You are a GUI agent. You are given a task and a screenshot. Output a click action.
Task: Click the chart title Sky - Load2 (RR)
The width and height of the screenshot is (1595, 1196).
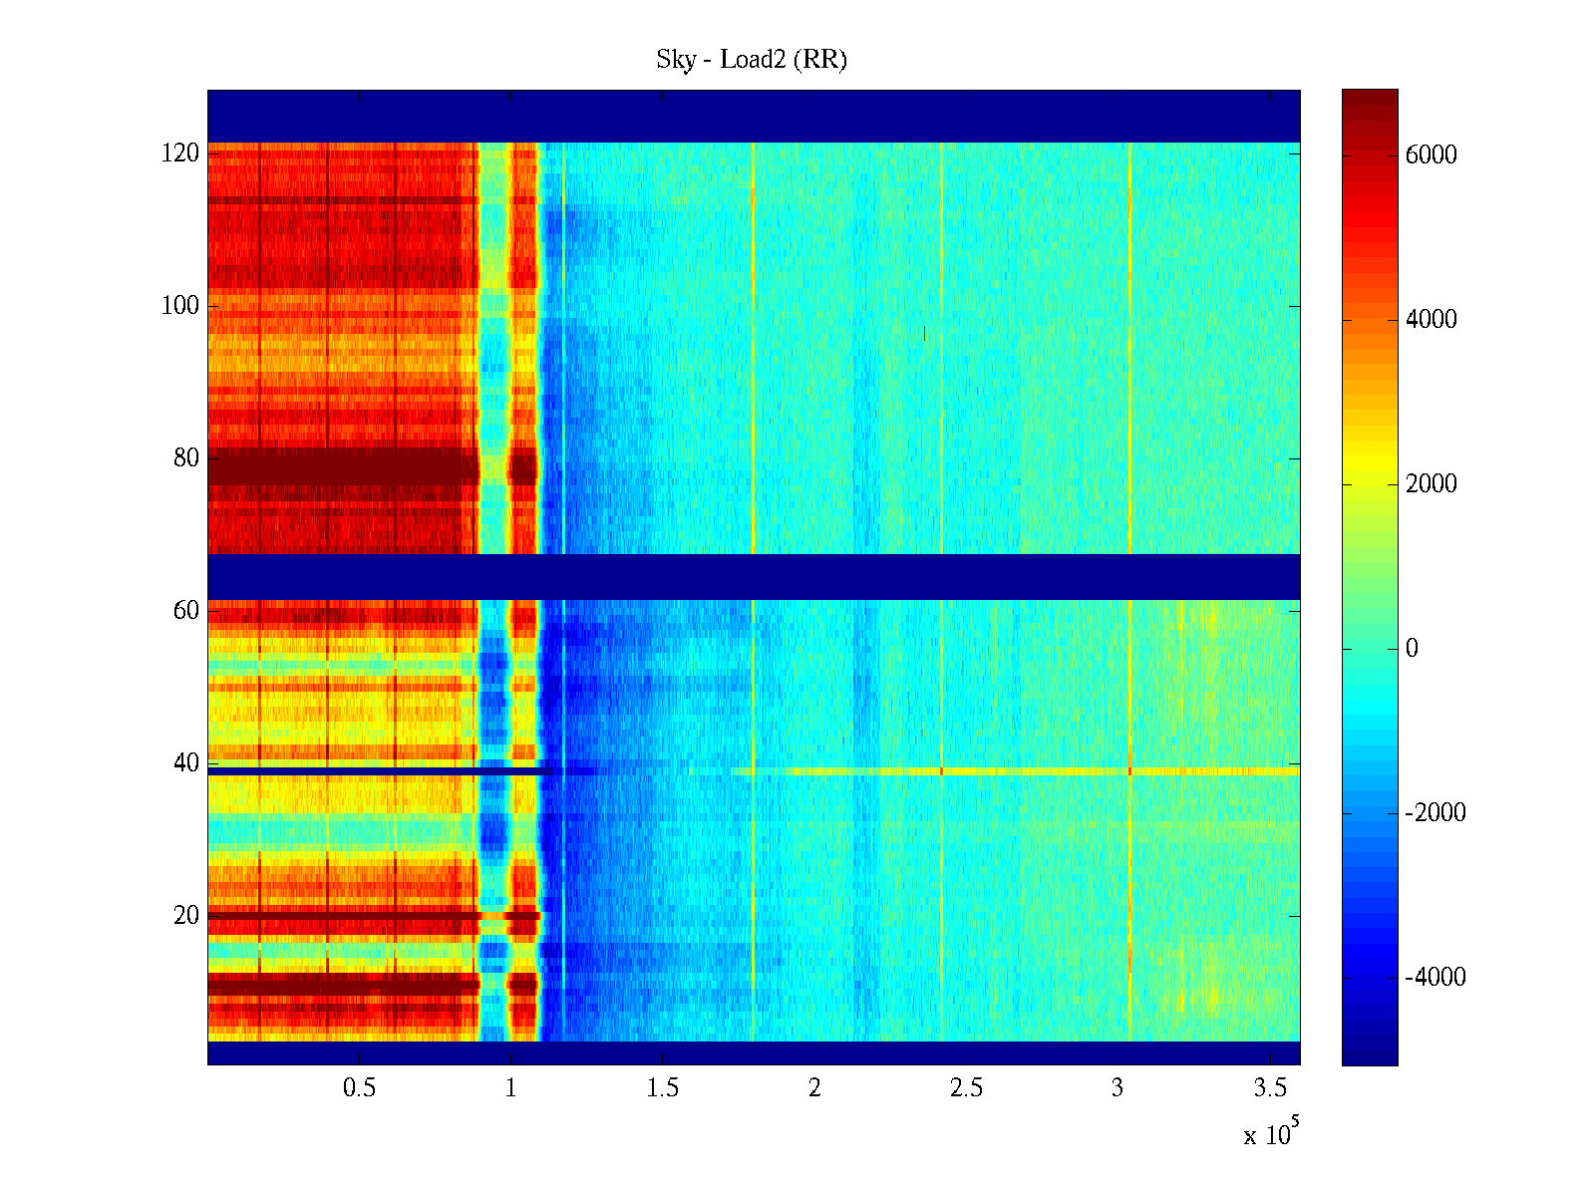(752, 60)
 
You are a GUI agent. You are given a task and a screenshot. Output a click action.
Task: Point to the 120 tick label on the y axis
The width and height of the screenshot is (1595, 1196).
(180, 153)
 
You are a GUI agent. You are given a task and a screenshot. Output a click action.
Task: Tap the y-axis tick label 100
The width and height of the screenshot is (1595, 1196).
(180, 306)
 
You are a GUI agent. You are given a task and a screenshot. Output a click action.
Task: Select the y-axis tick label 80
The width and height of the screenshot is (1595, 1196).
(186, 458)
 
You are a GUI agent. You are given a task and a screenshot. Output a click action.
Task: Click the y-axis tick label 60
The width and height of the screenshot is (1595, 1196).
(186, 611)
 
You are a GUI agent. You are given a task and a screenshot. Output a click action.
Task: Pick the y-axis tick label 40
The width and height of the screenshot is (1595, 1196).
(186, 763)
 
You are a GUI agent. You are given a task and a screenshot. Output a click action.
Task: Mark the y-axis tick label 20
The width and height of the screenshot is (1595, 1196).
(186, 916)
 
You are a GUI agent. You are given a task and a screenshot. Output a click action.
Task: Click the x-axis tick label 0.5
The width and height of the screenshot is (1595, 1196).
(359, 1088)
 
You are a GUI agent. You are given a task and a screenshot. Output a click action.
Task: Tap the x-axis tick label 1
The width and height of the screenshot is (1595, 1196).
(511, 1088)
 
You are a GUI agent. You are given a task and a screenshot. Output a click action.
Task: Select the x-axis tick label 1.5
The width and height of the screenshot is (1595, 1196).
(663, 1088)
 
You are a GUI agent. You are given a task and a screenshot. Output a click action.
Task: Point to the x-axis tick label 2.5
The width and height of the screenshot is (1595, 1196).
(966, 1088)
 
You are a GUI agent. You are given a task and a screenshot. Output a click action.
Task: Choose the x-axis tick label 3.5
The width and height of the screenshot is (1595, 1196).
(1269, 1088)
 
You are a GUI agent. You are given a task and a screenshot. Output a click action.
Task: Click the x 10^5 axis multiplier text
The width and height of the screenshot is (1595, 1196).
(1270, 1134)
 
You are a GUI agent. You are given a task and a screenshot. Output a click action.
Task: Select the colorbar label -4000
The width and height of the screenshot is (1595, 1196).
(1435, 978)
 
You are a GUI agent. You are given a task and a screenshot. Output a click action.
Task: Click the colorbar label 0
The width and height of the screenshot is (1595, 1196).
(1412, 649)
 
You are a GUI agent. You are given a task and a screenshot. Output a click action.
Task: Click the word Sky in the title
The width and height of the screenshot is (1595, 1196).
(675, 60)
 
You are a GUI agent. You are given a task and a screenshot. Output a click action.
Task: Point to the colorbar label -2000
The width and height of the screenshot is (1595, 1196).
(1435, 813)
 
